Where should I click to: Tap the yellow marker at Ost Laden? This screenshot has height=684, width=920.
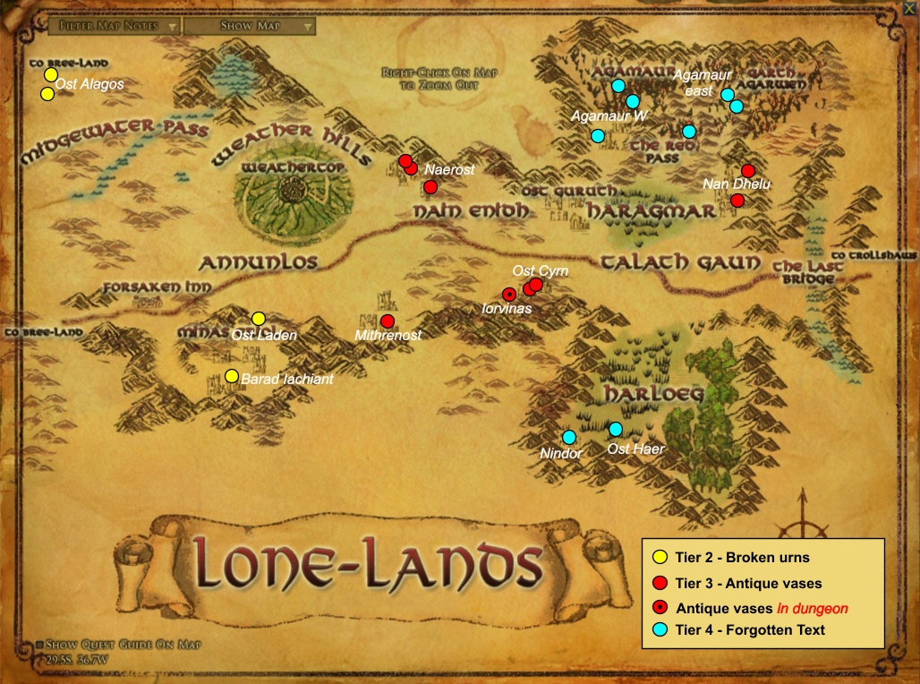[x=259, y=319]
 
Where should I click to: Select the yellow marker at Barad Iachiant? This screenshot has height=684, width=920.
[x=232, y=376]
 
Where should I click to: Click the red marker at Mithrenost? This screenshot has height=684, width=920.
[x=388, y=321]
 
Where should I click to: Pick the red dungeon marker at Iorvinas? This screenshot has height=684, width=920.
[x=508, y=294]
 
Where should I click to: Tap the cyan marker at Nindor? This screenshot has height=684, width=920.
[x=569, y=437]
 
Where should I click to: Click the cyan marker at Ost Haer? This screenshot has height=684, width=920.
[x=616, y=429]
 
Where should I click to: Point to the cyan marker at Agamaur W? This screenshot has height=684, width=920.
[x=598, y=136]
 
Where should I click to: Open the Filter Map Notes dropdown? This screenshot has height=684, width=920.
[x=107, y=26]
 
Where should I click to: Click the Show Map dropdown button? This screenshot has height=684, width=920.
[x=250, y=26]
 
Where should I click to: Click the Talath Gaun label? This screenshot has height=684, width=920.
[x=680, y=261]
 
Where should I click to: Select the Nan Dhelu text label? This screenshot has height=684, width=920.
[x=737, y=184]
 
